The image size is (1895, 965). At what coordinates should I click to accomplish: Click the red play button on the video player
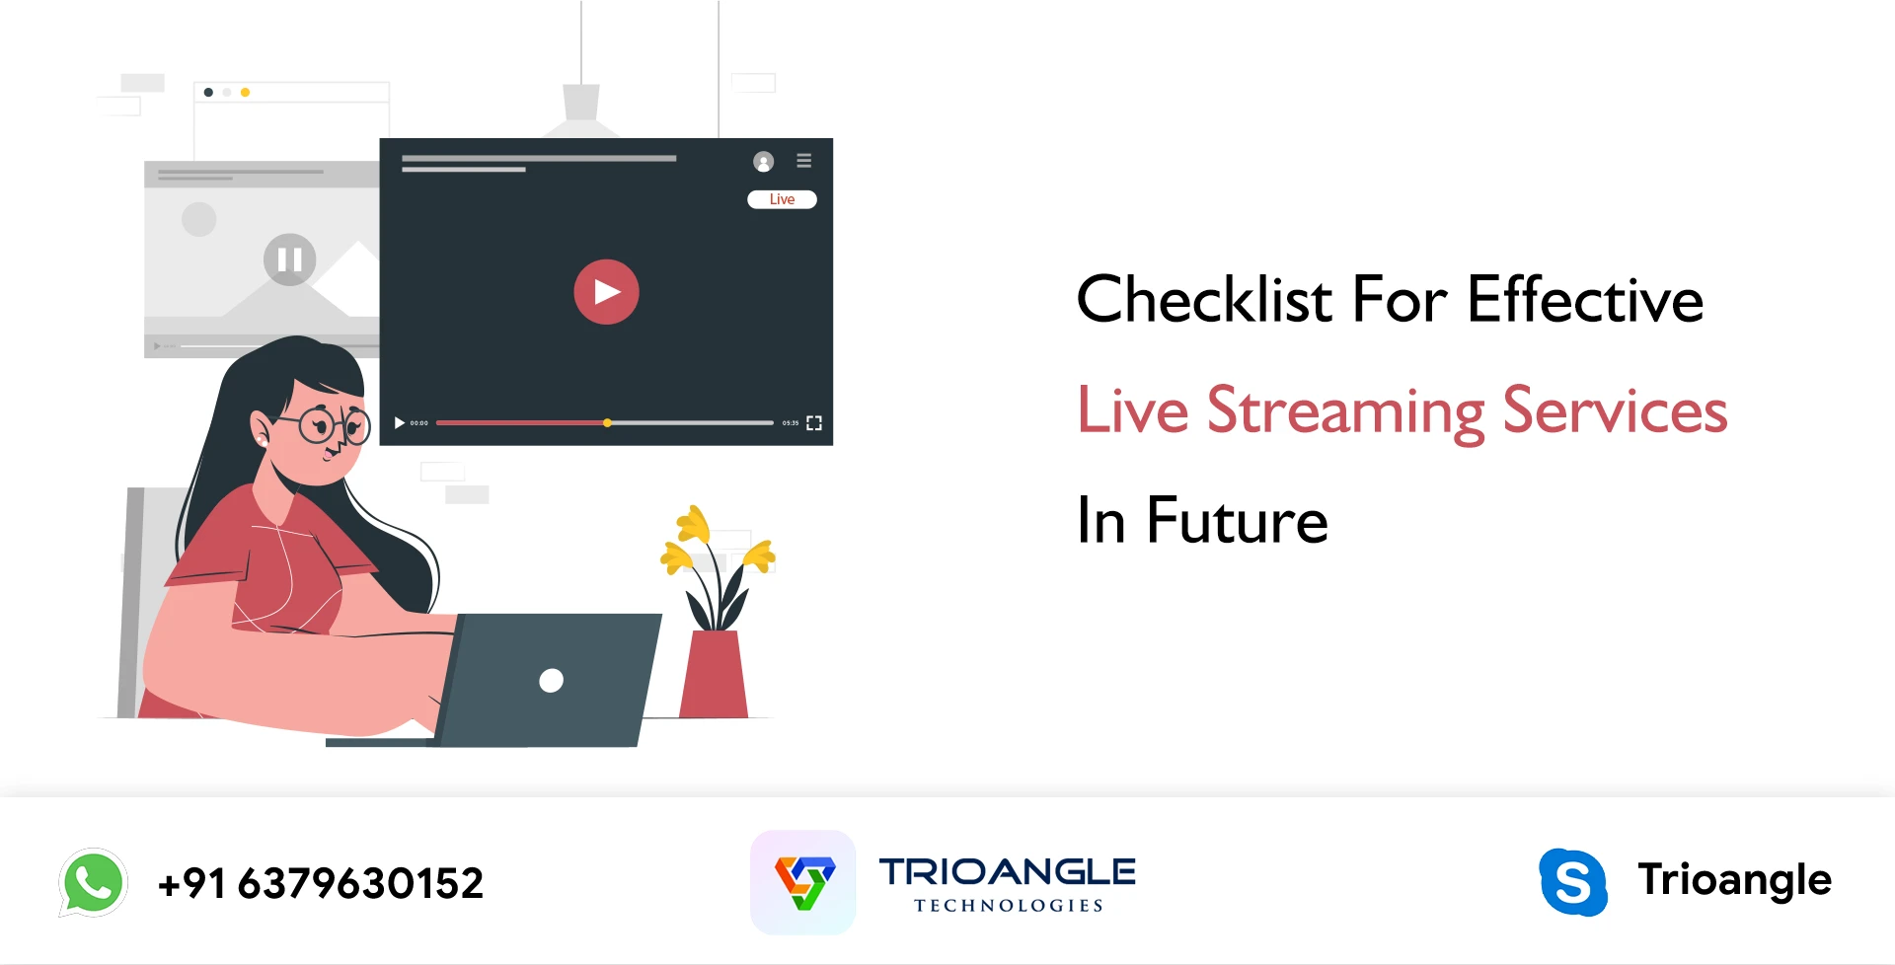606,292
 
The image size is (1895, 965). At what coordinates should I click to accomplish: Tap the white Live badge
782,199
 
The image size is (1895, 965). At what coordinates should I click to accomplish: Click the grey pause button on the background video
289,260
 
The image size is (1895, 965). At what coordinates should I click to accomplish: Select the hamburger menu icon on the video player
804,160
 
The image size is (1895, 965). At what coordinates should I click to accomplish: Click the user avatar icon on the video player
763,162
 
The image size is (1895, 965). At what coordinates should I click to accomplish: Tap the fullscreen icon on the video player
814,423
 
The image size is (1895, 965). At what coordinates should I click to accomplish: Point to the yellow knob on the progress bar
608,423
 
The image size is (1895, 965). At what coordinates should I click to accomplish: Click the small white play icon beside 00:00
399,423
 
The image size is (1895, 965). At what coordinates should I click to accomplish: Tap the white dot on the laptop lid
551,680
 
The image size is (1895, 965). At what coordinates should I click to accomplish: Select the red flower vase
714,675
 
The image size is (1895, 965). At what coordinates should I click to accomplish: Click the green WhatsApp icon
94,882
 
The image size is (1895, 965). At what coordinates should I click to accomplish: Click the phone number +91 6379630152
321,883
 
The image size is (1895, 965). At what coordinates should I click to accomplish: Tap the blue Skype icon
1573,882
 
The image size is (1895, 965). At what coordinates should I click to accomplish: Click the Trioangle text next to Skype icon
1734,879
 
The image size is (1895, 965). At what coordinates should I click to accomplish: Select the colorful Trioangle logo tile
803,882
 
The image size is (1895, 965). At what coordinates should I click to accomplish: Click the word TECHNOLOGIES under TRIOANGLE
1008,906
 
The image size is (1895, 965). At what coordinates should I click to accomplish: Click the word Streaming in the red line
1346,411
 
